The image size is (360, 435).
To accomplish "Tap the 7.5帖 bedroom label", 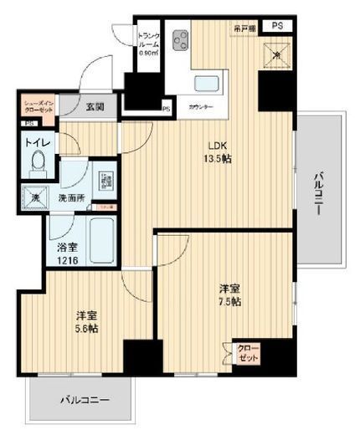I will pyautogui.click(x=227, y=292).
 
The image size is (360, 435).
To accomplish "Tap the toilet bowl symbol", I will pyautogui.click(x=38, y=165).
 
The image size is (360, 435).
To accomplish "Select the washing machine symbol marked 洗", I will pyautogui.click(x=35, y=198).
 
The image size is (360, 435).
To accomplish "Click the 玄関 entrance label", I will pyautogui.click(x=94, y=106).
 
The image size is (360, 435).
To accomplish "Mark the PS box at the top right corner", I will pyautogui.click(x=277, y=26).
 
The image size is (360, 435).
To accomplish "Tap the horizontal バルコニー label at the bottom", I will pyautogui.click(x=84, y=400).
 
